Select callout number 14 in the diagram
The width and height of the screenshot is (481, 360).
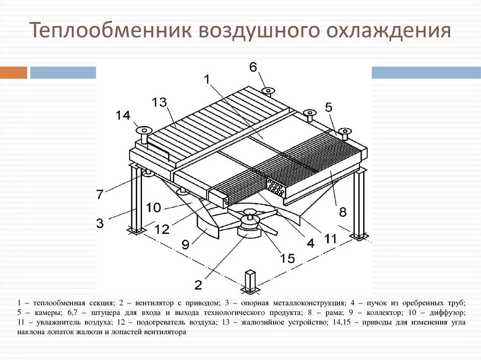click(x=123, y=115)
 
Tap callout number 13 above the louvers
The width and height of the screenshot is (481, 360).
click(x=160, y=102)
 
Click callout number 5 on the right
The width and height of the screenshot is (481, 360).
click(x=328, y=107)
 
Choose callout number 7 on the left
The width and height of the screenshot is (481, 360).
click(x=100, y=194)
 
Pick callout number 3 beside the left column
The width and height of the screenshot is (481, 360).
click(x=100, y=223)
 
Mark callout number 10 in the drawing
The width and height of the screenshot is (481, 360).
click(x=153, y=207)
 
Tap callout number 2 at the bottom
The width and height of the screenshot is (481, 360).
click(x=198, y=284)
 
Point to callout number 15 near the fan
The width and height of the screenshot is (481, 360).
click(x=287, y=258)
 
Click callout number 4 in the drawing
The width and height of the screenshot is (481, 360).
click(x=310, y=243)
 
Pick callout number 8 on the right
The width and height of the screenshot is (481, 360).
click(x=342, y=212)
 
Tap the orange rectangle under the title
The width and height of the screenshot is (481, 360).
click(x=14, y=72)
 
